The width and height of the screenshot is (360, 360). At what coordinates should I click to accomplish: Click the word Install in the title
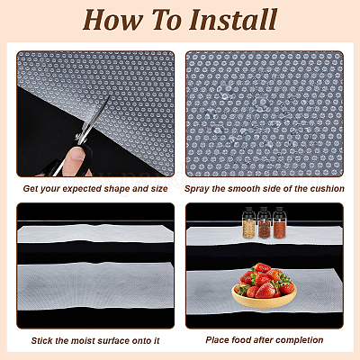click(x=233, y=20)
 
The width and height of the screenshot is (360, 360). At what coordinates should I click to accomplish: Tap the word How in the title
click(x=112, y=20)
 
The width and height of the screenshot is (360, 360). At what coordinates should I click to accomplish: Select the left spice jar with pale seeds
click(x=249, y=222)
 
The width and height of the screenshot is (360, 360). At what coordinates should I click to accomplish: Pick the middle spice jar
click(x=264, y=222)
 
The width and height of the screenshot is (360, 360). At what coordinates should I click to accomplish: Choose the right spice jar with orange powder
click(x=279, y=222)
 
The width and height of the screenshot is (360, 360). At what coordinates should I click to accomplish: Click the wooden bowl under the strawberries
click(x=264, y=300)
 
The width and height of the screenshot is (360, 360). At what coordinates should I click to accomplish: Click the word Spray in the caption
click(x=197, y=189)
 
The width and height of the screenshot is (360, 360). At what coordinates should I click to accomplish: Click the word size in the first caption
click(x=158, y=189)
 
